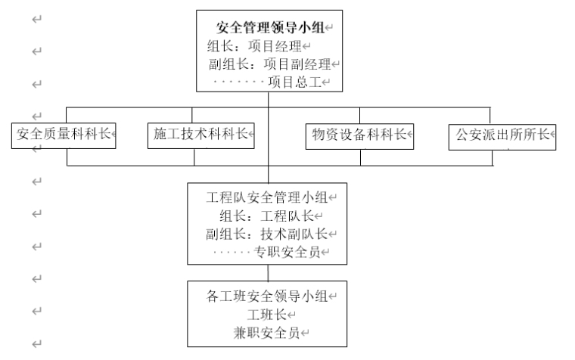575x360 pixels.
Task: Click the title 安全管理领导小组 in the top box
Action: (x=270, y=28)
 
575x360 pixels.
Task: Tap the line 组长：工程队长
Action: (x=261, y=216)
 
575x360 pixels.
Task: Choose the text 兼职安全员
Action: (x=269, y=331)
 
